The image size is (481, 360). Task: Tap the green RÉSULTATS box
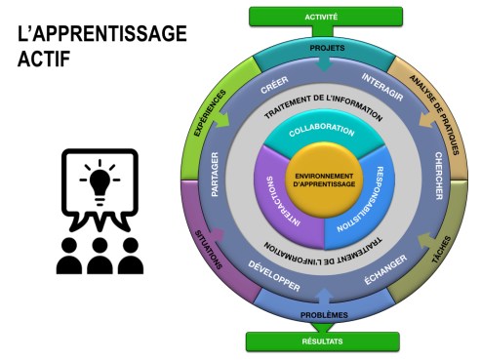[322, 341]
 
